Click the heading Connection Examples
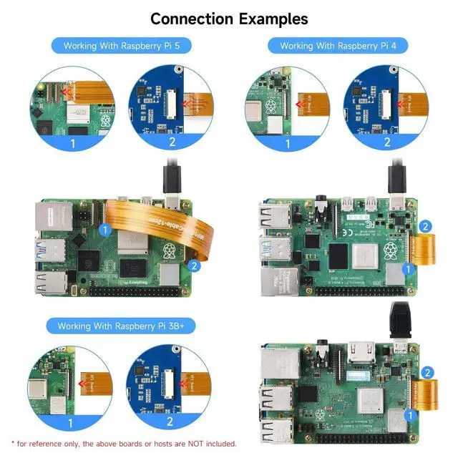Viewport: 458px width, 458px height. [229, 18]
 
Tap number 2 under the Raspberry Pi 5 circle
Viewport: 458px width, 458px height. [172, 142]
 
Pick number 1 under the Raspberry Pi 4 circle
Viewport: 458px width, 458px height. [288, 142]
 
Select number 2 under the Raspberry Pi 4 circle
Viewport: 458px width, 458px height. [387, 142]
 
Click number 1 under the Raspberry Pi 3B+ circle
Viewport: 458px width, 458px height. [70, 423]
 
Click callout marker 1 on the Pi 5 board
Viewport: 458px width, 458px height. [105, 230]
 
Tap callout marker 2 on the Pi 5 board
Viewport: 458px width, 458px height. [193, 265]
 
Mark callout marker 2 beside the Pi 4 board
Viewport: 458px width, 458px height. [425, 227]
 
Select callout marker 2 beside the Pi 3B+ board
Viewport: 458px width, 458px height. [427, 373]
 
